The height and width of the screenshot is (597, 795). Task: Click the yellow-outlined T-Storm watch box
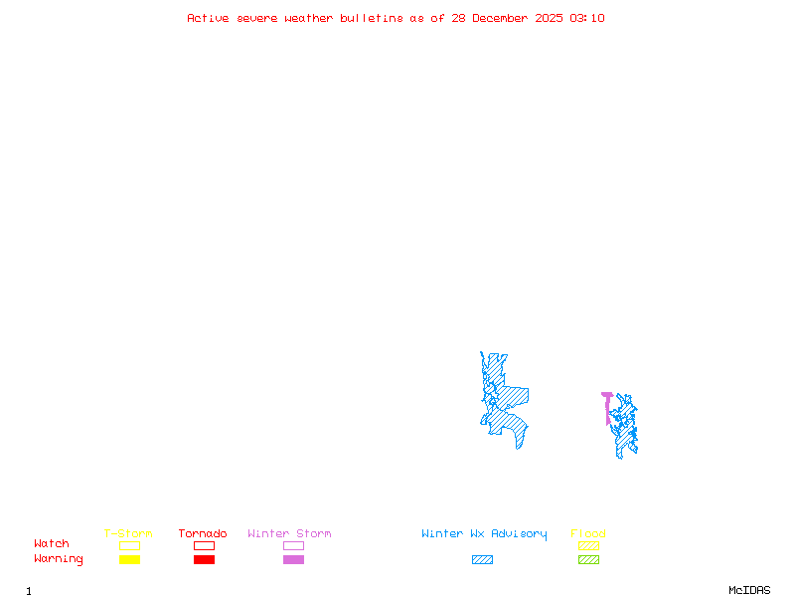[x=129, y=545]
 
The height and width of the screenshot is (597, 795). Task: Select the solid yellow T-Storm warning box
[x=129, y=560]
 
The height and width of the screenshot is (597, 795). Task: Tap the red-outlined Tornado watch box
[x=204, y=545]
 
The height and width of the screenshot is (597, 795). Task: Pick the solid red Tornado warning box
[x=204, y=560]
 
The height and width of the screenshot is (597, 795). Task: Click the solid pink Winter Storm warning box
[x=293, y=560]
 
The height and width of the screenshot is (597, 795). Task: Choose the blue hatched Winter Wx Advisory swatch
[x=482, y=560]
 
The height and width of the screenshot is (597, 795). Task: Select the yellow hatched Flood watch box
[x=588, y=545]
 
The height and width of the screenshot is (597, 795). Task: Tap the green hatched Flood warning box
[x=588, y=560]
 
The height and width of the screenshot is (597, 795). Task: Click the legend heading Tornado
[x=203, y=534]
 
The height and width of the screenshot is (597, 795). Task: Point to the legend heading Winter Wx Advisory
[x=484, y=534]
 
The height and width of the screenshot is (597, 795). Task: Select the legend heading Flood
[x=588, y=534]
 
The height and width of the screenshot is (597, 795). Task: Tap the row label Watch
[x=52, y=544]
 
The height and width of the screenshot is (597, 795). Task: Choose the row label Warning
[x=58, y=559]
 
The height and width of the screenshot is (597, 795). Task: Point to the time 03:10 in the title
[x=587, y=18]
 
